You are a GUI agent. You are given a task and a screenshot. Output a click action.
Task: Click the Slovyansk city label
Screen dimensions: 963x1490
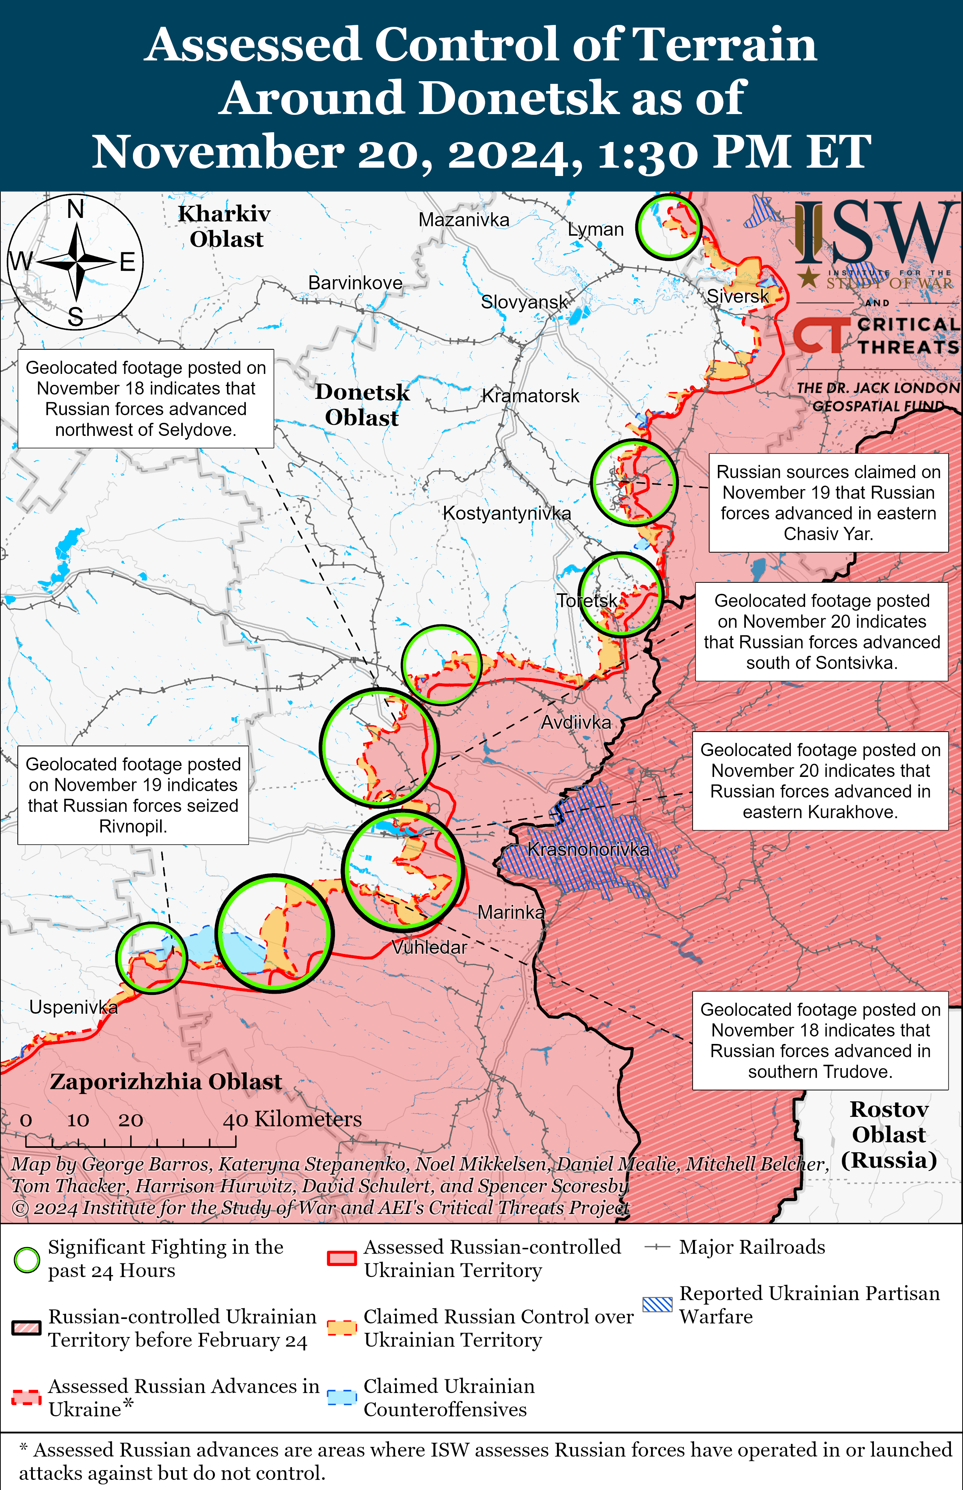524,302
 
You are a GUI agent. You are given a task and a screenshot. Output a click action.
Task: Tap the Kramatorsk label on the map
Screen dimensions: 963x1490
530,396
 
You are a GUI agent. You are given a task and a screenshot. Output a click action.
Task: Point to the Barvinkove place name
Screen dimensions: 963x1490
355,283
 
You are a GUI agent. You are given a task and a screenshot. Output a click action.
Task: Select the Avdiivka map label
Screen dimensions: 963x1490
575,723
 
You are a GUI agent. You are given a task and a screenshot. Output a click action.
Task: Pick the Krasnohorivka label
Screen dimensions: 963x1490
588,849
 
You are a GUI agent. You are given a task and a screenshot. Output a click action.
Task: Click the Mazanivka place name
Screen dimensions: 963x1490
463,220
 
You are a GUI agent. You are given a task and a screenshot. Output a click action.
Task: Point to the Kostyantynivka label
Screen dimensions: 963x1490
506,513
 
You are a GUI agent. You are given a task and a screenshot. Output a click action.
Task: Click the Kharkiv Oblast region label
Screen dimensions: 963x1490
225,226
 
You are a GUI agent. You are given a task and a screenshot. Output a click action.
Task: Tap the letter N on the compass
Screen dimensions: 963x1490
76,209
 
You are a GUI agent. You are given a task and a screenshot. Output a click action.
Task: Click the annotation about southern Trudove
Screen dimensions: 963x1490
820,1041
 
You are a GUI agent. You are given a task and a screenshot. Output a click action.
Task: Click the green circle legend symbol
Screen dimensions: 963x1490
27,1260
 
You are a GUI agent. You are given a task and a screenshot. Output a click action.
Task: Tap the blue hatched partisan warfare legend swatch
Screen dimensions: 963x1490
657,1304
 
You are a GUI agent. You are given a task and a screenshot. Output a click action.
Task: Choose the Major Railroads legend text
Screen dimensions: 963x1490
752,1248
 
